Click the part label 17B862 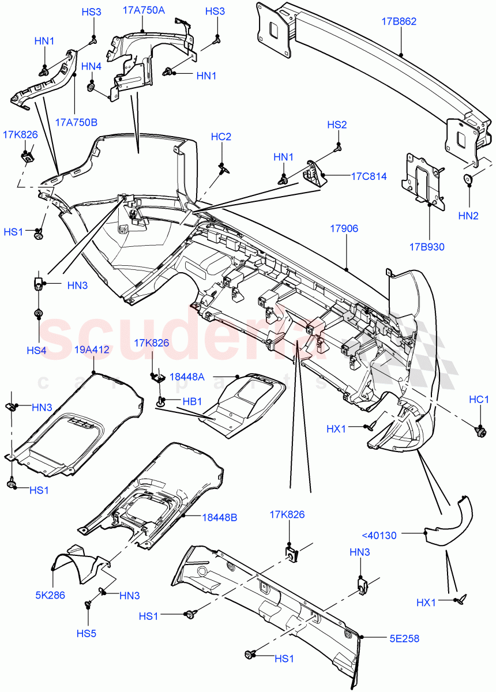399,22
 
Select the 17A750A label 144,10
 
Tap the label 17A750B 76,122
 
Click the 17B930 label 427,247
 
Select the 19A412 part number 92,349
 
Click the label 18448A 187,377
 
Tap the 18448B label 219,517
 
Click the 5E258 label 403,638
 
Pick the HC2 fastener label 221,137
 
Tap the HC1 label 479,400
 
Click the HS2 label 337,125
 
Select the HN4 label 91,67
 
